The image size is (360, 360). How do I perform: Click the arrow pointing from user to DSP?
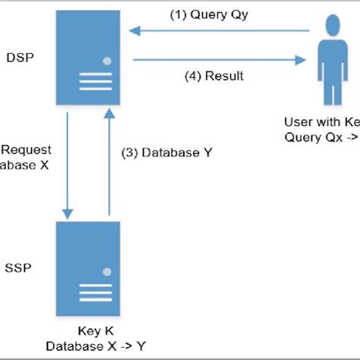point(220,31)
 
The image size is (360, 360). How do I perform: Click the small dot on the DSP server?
point(107,60)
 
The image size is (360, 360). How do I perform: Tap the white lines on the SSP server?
point(90,292)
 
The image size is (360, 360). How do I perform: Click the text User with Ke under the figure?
point(321,122)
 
